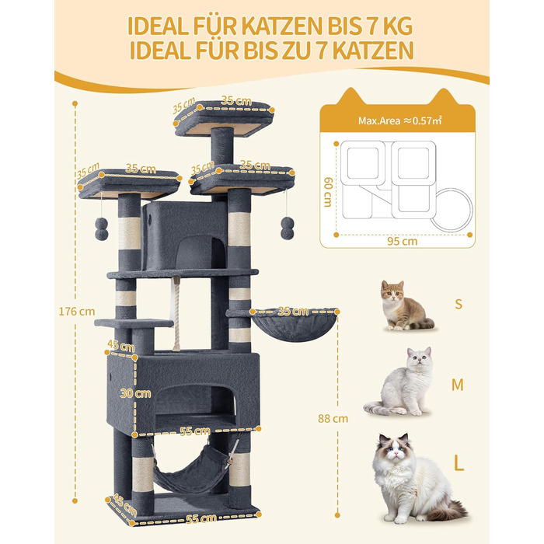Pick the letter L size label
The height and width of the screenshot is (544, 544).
pyautogui.click(x=459, y=465)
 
